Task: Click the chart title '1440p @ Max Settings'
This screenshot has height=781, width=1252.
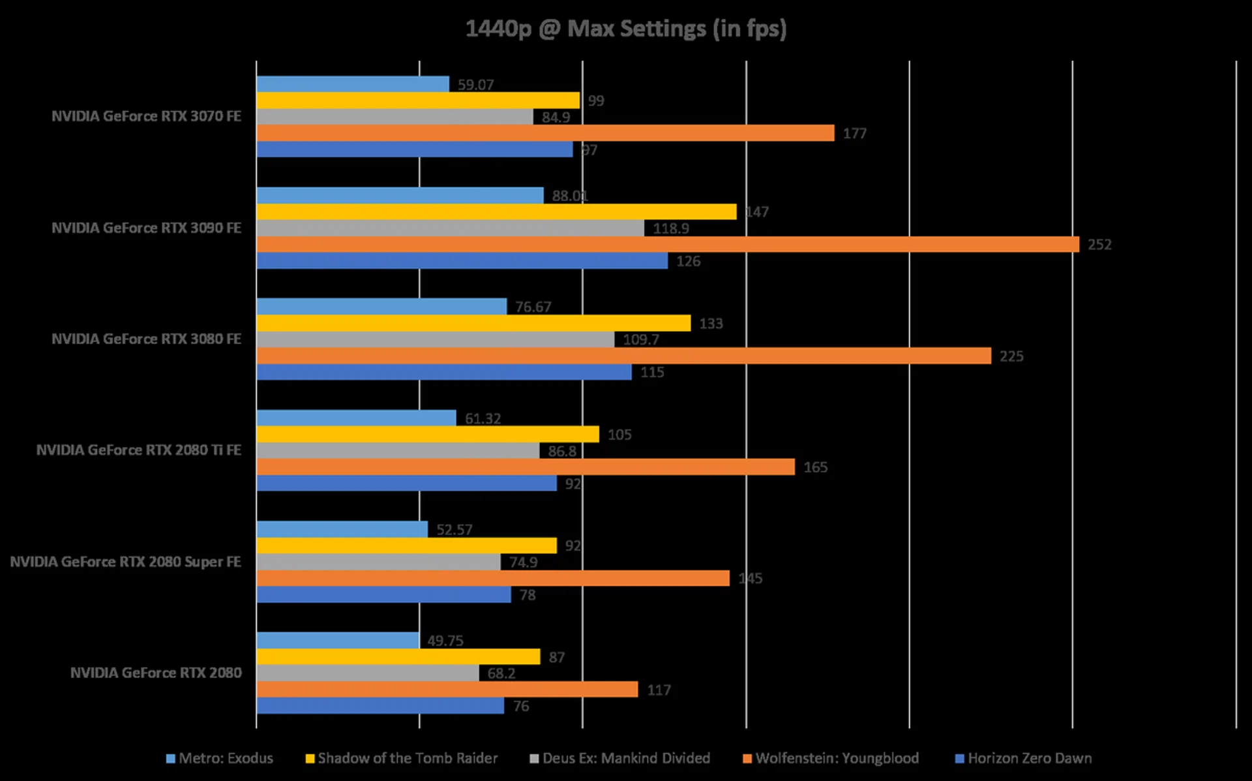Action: coord(626,29)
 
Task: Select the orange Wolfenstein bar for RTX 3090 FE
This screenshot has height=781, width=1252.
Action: coord(667,245)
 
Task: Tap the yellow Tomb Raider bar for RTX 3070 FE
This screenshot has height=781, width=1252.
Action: coord(417,100)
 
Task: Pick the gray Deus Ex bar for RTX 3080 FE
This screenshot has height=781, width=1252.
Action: coord(435,339)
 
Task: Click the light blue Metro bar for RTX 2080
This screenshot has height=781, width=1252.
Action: coord(337,640)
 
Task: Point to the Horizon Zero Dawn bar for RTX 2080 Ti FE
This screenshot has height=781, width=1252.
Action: coord(406,483)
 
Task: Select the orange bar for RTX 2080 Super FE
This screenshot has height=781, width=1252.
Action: coord(492,578)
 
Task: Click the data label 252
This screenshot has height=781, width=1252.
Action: coord(1099,245)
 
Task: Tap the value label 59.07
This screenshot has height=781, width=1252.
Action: coord(475,85)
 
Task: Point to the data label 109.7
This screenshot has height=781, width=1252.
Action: coord(640,339)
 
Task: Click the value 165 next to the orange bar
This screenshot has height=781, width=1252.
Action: coord(815,467)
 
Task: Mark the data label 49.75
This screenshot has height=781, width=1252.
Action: coord(445,641)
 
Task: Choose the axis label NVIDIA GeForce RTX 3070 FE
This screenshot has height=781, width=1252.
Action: coord(146,116)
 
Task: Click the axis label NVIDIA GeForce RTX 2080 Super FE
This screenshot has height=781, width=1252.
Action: coord(125,562)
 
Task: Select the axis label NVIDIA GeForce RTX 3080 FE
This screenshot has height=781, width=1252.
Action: coord(146,339)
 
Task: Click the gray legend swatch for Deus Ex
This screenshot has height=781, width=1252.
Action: coord(534,759)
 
